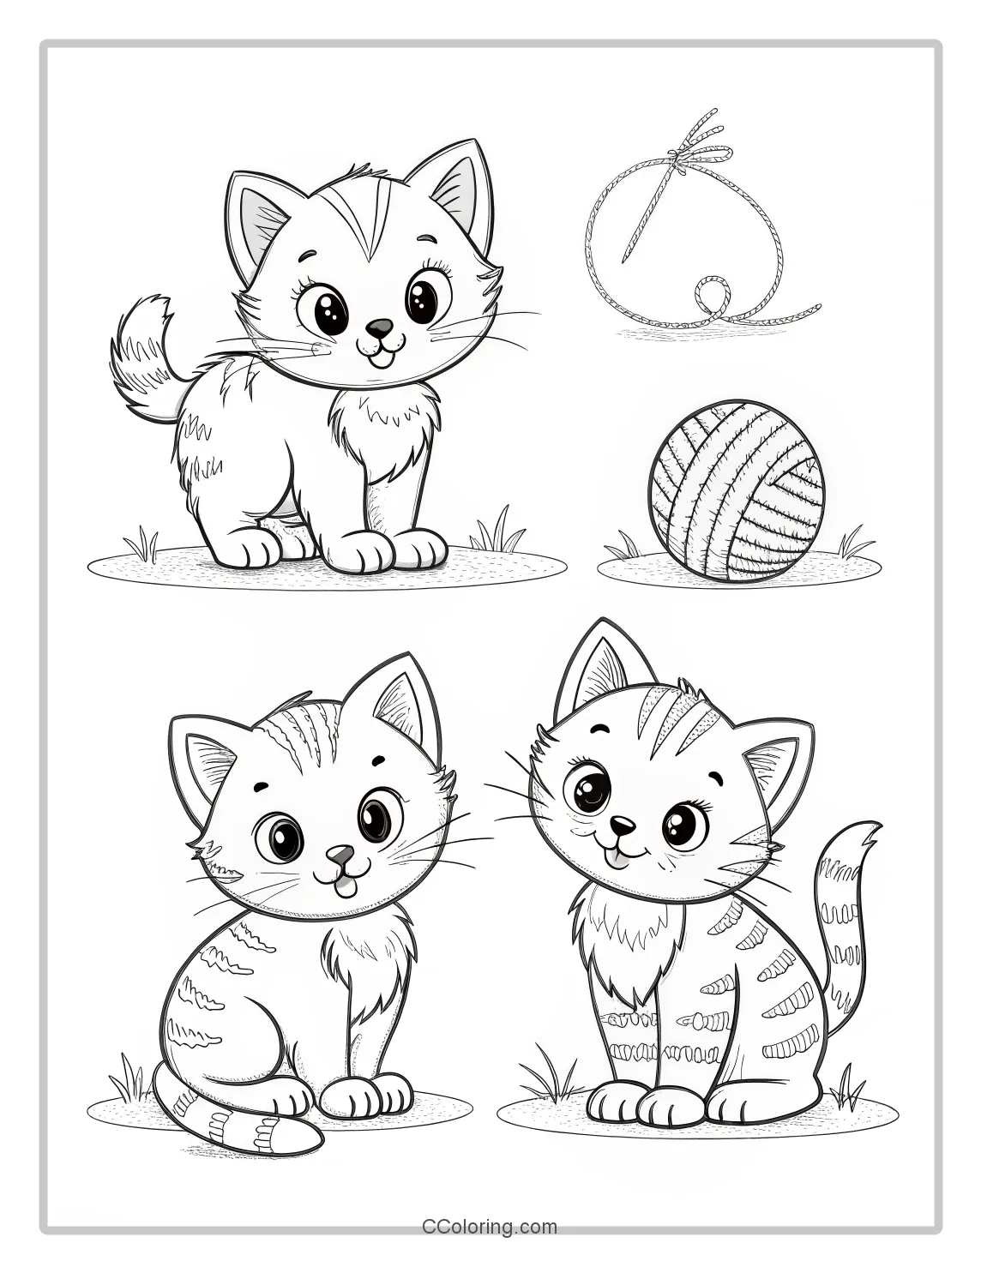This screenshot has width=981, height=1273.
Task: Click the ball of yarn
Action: [734, 498]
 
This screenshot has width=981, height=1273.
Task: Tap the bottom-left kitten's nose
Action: [340, 855]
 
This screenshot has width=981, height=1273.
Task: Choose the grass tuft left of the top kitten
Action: [140, 543]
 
